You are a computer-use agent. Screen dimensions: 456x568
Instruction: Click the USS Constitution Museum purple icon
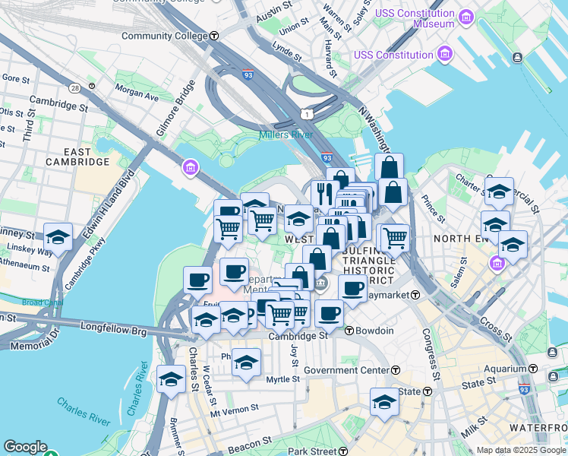pyautogui.click(x=466, y=17)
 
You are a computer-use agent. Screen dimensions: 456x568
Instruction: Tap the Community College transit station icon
pyautogui.click(x=215, y=36)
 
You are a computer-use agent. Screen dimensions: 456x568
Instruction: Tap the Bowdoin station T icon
pyautogui.click(x=349, y=331)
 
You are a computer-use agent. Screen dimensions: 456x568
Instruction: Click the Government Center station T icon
pyautogui.click(x=396, y=370)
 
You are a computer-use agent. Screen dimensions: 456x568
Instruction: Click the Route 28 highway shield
pyautogui.click(x=74, y=87)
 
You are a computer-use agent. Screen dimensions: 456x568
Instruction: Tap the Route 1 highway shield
pyautogui.click(x=305, y=114)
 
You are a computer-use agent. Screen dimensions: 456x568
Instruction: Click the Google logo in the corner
pyautogui.click(x=25, y=447)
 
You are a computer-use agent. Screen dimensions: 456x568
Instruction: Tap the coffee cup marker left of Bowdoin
pyautogui.click(x=329, y=314)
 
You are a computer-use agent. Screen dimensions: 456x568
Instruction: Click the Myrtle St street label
pyautogui.click(x=284, y=379)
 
